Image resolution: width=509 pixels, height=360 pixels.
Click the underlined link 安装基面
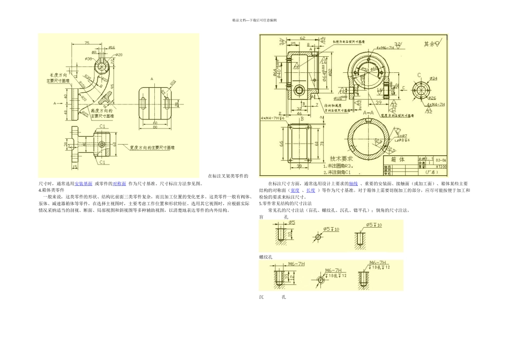coord(83,183)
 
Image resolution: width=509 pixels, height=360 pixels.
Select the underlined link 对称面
coord(119,183)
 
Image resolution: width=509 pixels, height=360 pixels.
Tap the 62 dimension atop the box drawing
coord(302,39)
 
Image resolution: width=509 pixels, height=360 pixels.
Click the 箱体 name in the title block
coord(398,160)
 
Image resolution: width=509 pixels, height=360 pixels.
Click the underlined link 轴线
coord(353,183)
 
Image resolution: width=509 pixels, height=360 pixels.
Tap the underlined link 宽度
coord(294,190)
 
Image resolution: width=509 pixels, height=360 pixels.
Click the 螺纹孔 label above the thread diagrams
coord(266,257)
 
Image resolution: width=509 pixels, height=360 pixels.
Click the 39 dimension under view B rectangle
coord(298,166)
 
